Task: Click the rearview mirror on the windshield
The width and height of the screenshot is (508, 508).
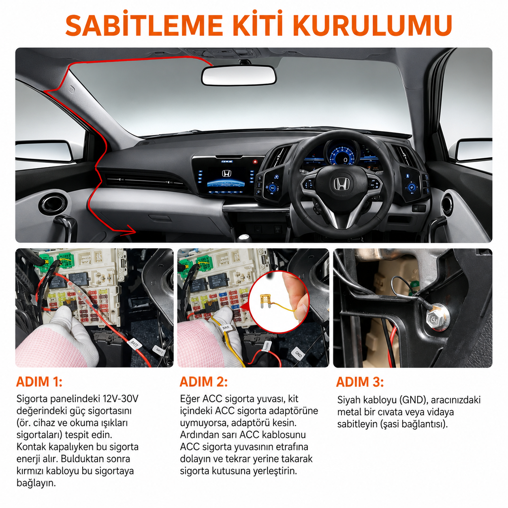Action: coord(238,75)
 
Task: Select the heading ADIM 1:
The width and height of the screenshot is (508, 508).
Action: coord(39,382)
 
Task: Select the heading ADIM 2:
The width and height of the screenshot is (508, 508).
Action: coord(203,382)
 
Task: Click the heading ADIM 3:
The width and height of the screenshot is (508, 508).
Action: coord(360,382)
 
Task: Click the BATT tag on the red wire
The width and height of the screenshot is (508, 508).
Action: coord(134,344)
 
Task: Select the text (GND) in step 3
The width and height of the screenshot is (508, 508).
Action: coord(413,400)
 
